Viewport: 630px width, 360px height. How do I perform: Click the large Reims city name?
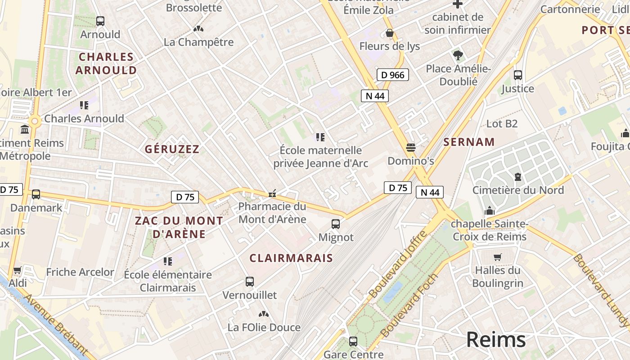coord(496,339)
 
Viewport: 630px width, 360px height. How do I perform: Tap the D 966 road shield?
coord(392,75)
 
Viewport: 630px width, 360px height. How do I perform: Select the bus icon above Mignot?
coord(336,224)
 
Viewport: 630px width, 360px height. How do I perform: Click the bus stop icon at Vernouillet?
coord(250,282)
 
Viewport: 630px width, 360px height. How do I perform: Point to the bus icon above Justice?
coord(518,75)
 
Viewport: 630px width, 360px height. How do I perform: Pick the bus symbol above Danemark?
coord(36,194)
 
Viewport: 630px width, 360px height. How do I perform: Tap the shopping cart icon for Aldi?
coord(18,270)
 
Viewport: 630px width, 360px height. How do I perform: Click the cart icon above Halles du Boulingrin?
coord(497,257)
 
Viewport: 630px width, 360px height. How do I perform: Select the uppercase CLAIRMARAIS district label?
coord(291,258)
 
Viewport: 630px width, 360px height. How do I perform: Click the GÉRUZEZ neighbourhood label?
coord(172,149)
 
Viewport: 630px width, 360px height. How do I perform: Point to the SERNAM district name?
coord(469,142)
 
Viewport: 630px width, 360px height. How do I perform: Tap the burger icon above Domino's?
coord(410,147)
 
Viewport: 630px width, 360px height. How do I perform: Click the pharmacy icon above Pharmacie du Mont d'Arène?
coord(272,194)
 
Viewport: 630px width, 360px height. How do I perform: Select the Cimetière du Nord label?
coord(518,190)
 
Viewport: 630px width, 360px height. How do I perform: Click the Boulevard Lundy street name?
coord(601,291)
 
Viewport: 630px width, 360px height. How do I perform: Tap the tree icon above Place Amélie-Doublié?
coord(458,55)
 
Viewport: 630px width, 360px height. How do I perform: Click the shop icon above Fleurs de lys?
coord(390,33)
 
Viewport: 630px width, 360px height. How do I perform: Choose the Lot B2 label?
coord(502,123)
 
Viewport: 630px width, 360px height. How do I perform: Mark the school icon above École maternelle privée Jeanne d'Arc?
coord(320,137)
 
